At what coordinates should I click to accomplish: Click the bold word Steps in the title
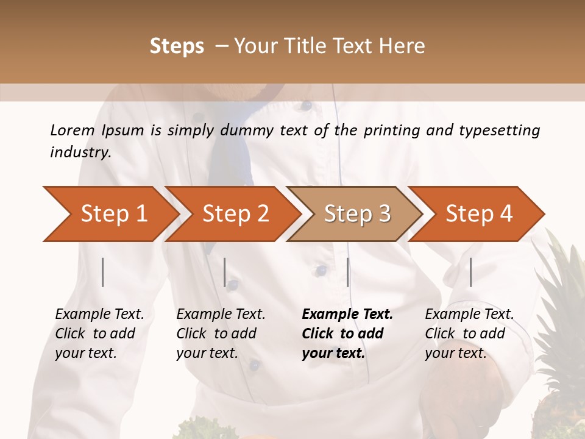click(177, 46)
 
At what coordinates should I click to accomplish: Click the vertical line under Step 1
click(103, 272)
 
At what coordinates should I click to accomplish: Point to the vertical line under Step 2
click(225, 272)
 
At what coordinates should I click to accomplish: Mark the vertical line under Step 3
click(348, 272)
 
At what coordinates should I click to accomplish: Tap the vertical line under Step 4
click(470, 272)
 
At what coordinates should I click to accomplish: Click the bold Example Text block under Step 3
click(347, 334)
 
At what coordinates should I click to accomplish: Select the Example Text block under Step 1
click(99, 334)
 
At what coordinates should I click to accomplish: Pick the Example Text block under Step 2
click(221, 334)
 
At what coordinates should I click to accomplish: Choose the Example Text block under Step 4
click(469, 334)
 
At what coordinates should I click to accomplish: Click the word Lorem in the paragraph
click(73, 130)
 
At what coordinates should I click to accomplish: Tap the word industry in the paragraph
click(80, 152)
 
